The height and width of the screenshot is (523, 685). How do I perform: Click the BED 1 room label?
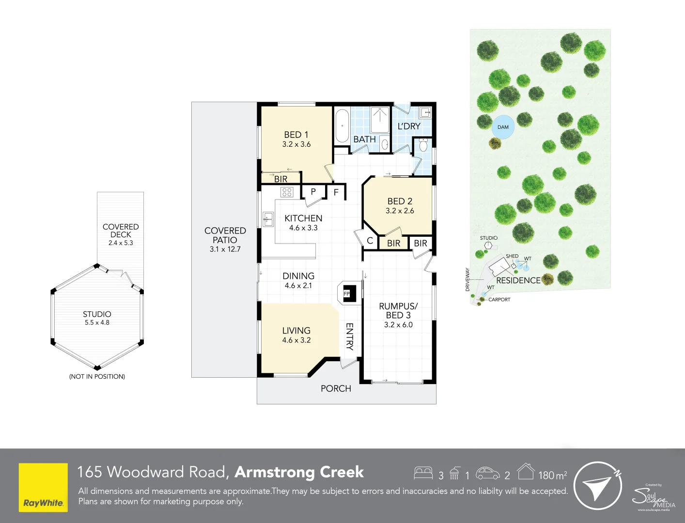tap(296, 135)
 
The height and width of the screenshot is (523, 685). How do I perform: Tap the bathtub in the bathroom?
tap(342, 126)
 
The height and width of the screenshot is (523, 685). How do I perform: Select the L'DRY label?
tap(409, 126)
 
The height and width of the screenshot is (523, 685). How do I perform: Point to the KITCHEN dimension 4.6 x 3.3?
tap(303, 228)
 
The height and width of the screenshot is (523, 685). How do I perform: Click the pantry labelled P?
tap(313, 192)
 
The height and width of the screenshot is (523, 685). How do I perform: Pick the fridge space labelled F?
tap(336, 192)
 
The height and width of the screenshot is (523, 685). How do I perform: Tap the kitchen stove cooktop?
tap(287, 192)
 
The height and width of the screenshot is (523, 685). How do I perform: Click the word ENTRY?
tap(349, 336)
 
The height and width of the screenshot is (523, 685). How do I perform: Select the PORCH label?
tap(336, 389)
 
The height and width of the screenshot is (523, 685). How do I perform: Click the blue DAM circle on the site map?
tap(503, 127)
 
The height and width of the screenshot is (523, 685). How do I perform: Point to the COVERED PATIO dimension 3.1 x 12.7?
tap(225, 249)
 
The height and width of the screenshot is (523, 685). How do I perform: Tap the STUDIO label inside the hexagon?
tap(97, 314)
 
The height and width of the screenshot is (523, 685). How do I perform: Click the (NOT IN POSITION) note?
tap(97, 377)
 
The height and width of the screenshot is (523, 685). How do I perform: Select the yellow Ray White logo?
tap(43, 487)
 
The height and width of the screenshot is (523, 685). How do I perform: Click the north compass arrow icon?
tap(597, 486)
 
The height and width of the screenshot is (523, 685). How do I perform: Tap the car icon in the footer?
tap(487, 473)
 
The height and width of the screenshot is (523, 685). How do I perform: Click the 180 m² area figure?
tap(552, 475)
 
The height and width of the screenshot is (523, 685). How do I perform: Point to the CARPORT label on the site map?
tap(499, 300)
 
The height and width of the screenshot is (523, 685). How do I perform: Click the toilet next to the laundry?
tap(423, 145)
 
